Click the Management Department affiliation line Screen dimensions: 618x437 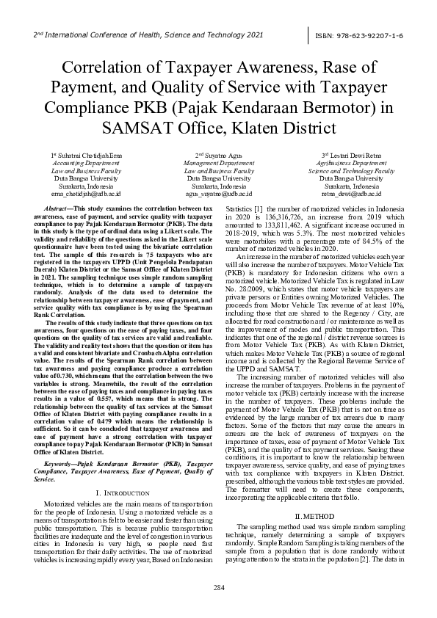tap(218, 163)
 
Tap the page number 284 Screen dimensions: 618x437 tap(218, 587)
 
